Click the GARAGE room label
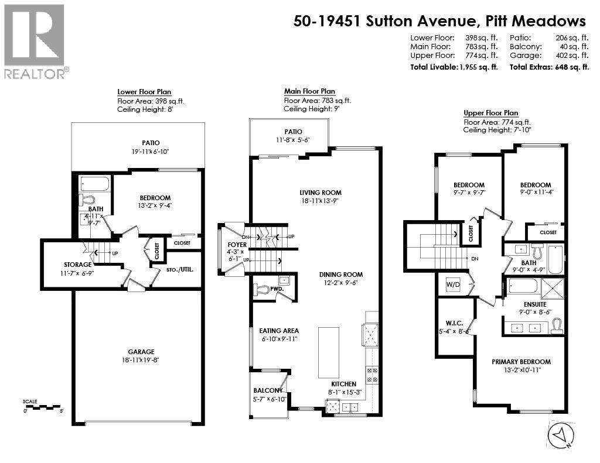[138, 352]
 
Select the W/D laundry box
[453, 284]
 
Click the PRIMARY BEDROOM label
[521, 362]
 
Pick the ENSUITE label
[535, 304]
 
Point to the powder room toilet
[262, 289]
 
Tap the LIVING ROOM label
[320, 193]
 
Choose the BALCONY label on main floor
[268, 390]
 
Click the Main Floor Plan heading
[309, 91]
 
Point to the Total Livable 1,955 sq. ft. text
[454, 67]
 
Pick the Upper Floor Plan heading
[490, 113]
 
